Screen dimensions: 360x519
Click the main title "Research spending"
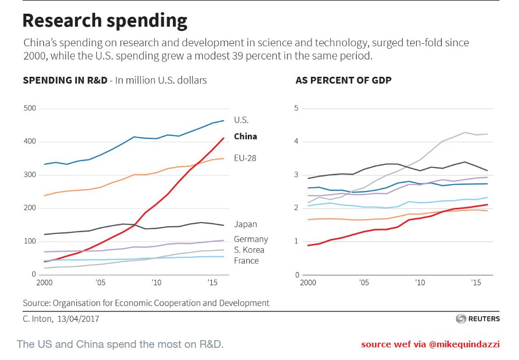pyautogui.click(x=105, y=21)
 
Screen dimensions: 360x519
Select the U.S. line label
pyautogui.click(x=241, y=121)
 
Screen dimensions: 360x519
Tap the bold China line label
pyautogui.click(x=245, y=136)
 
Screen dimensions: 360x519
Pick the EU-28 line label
pyautogui.click(x=245, y=158)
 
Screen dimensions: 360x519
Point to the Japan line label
pyautogui.click(x=245, y=224)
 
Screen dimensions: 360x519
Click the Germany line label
pyautogui.click(x=250, y=239)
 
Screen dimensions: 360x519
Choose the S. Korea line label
pyautogui.click(x=249, y=250)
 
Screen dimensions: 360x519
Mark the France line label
pyautogui.click(x=246, y=261)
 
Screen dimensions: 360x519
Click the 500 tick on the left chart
pyautogui.click(x=30, y=108)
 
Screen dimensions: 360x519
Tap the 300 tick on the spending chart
pyautogui.click(x=30, y=175)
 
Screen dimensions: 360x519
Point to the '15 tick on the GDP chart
pyautogui.click(x=475, y=282)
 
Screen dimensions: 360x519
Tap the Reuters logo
pyautogui.click(x=478, y=319)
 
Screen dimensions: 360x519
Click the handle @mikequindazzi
pyautogui.click(x=464, y=344)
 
